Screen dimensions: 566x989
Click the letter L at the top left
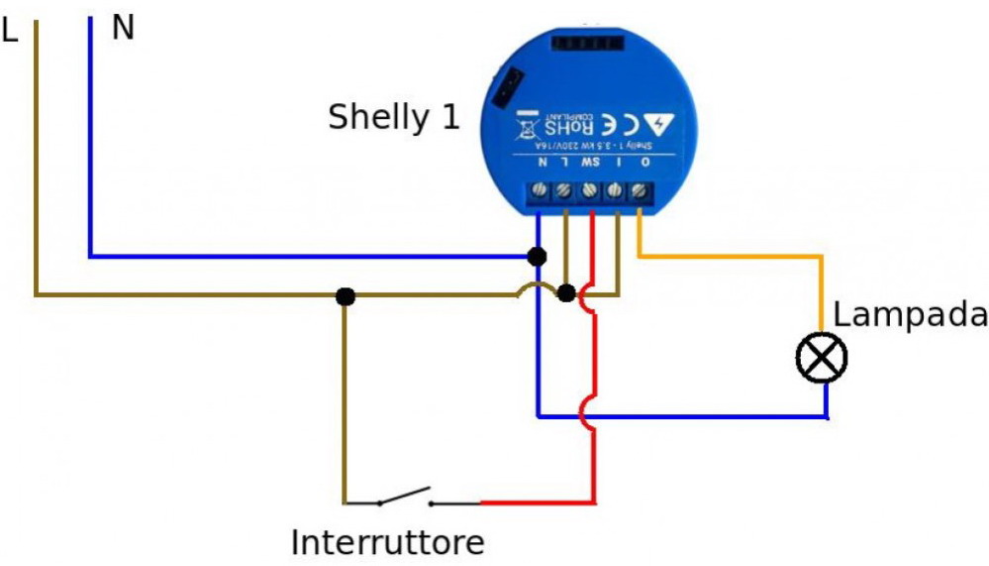[11, 31]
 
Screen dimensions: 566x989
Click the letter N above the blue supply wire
[123, 28]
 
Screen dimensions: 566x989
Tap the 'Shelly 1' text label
[394, 118]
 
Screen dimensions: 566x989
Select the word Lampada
[910, 316]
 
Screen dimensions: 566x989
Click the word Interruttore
[388, 542]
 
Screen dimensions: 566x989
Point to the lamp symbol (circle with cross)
[822, 358]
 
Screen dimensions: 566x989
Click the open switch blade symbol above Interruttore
[403, 496]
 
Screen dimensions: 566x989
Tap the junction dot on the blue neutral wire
[537, 257]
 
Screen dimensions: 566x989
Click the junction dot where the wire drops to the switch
[345, 295]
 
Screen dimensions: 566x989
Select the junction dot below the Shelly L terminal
[566, 293]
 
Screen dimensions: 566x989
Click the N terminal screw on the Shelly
[542, 188]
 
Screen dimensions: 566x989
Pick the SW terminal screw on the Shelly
[591, 189]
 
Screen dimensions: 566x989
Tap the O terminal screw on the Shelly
[642, 188]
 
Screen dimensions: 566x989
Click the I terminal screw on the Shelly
[616, 189]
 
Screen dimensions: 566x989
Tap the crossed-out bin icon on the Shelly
[526, 125]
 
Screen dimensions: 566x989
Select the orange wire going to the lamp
[733, 257]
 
